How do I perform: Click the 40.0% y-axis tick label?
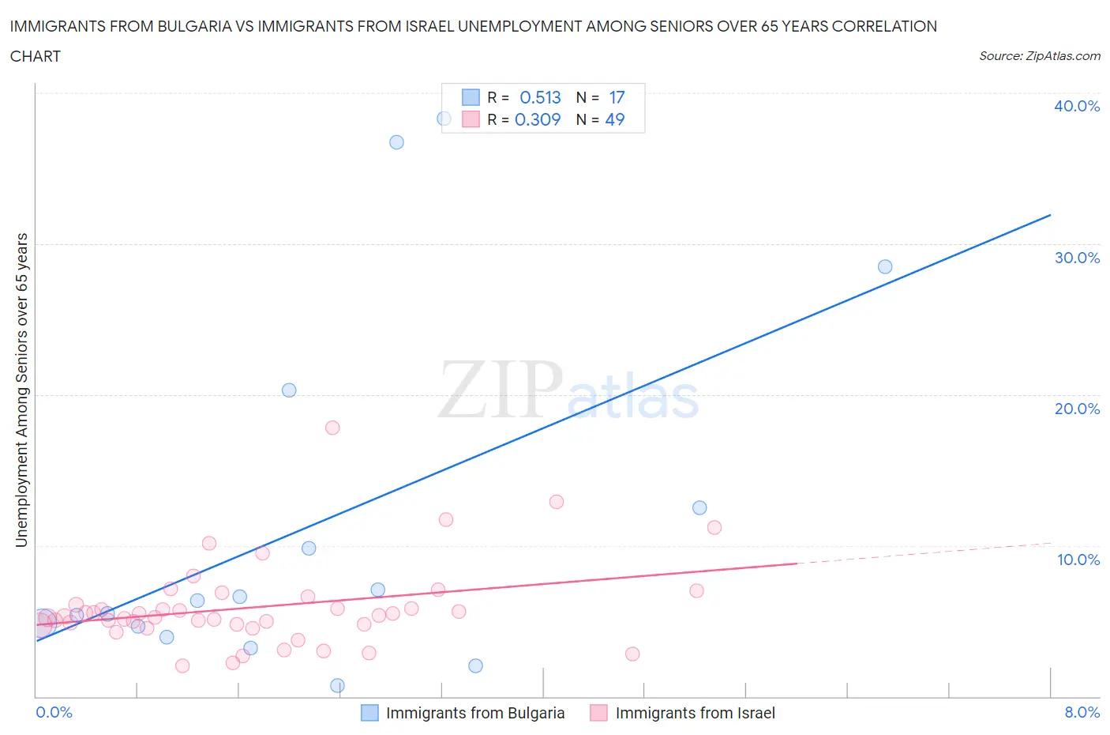point(1076,106)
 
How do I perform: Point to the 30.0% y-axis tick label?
point(1076,258)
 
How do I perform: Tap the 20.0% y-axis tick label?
point(1076,409)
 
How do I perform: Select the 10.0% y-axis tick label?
point(1078,560)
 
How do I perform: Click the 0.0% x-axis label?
point(54,712)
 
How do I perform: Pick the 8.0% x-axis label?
point(1082,712)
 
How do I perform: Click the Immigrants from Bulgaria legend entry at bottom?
point(474,713)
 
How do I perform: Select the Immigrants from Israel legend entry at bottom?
point(695,713)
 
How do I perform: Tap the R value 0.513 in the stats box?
point(540,97)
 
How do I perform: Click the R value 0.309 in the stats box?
point(538,119)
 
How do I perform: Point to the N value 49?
point(614,119)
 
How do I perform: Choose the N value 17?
point(617,97)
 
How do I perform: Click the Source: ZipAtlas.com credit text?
point(1039,55)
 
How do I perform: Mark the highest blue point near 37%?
point(396,142)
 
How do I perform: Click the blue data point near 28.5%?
point(885,267)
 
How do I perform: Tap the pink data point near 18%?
point(332,428)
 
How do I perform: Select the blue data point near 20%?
point(289,390)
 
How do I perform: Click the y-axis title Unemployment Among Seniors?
point(21,390)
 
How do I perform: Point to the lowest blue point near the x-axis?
point(337,685)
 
